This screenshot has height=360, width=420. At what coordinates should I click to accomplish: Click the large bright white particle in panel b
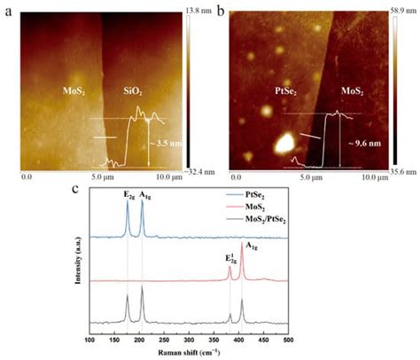point(285,142)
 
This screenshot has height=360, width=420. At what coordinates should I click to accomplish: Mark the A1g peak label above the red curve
point(377,246)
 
